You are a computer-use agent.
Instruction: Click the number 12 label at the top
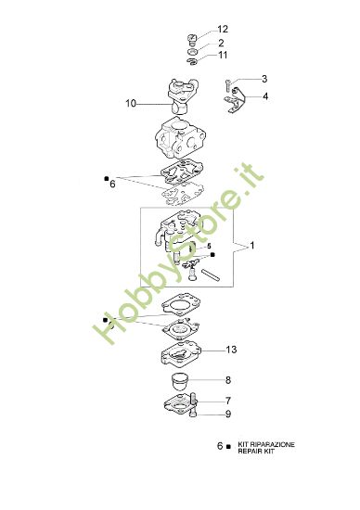tap(222, 30)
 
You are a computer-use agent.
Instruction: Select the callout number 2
tap(221, 43)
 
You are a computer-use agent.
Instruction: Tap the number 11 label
tap(222, 56)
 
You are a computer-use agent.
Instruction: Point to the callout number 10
tap(131, 103)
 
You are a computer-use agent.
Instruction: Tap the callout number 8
tap(228, 380)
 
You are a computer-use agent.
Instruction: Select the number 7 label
tap(228, 401)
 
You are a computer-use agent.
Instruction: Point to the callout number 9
tap(228, 414)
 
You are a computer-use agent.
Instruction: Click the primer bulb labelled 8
tap(185, 380)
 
